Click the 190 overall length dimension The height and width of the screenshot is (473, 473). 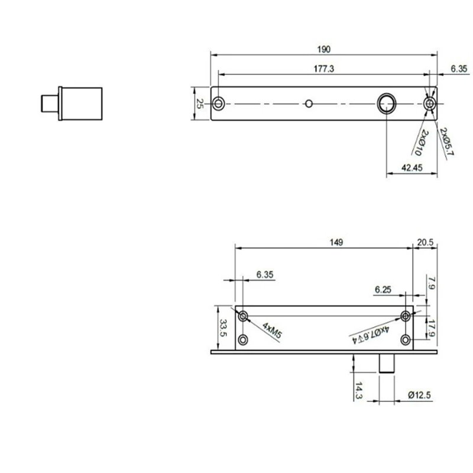click(x=324, y=48)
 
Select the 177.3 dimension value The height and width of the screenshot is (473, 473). click(x=324, y=69)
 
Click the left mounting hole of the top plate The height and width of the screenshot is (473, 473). click(x=219, y=104)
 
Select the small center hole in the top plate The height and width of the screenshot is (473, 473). click(x=307, y=104)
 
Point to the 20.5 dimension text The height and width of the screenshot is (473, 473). click(x=425, y=242)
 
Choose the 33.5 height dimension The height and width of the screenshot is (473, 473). click(x=223, y=327)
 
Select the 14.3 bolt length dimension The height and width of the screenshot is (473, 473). click(x=359, y=390)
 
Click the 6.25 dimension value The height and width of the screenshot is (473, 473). click(x=384, y=289)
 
